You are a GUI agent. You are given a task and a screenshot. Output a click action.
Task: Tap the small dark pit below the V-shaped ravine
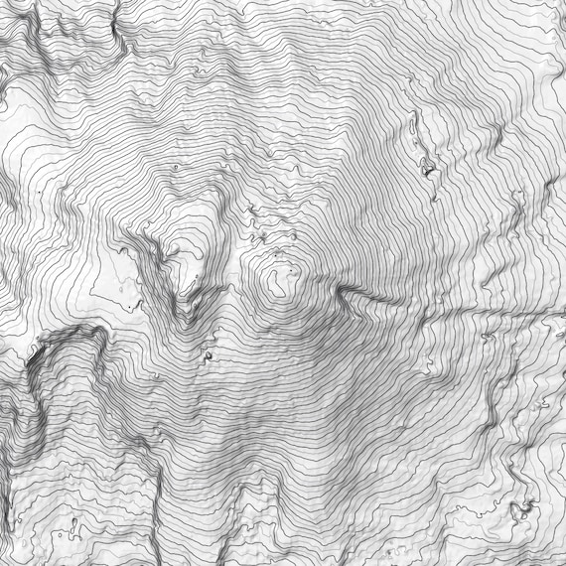pos(209,353)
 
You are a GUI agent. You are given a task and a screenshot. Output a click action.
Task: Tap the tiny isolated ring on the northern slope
pos(176,169)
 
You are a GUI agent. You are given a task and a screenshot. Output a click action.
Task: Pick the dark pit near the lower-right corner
pos(520,510)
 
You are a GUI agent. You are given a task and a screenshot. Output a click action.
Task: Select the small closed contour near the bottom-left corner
pos(76,522)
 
